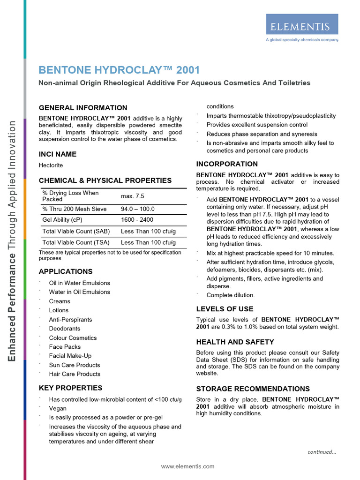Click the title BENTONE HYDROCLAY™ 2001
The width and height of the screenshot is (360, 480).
pyautogui.click(x=119, y=70)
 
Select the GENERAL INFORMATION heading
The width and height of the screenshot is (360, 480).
pyautogui.click(x=83, y=108)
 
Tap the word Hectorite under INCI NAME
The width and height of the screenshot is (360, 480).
pyautogui.click(x=51, y=165)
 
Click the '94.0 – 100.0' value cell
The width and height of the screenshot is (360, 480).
pyautogui.click(x=138, y=209)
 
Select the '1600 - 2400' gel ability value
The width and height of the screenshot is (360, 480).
pyautogui.click(x=137, y=220)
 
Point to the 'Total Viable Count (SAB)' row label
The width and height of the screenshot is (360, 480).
pyautogui.click(x=76, y=231)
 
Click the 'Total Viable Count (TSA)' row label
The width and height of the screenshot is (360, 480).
pyautogui.click(x=76, y=242)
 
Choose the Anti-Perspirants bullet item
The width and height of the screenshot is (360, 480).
pyautogui.click(x=70, y=320)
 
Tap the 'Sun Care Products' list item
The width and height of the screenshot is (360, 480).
pyautogui.click(x=75, y=365)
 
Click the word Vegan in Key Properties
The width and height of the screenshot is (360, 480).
pyautogui.click(x=58, y=409)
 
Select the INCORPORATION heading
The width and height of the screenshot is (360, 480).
pyautogui.click(x=227, y=164)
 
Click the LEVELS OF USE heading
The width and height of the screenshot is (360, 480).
pyautogui.click(x=225, y=309)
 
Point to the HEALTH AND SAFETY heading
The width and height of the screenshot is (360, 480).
pyautogui.click(x=235, y=342)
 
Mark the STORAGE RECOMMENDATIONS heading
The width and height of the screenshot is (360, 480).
pyautogui.click(x=253, y=389)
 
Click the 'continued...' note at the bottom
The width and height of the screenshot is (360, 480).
pyautogui.click(x=322, y=452)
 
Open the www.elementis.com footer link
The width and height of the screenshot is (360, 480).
pyautogui.click(x=187, y=466)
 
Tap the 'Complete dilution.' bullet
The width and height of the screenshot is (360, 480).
pyautogui.click(x=231, y=295)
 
